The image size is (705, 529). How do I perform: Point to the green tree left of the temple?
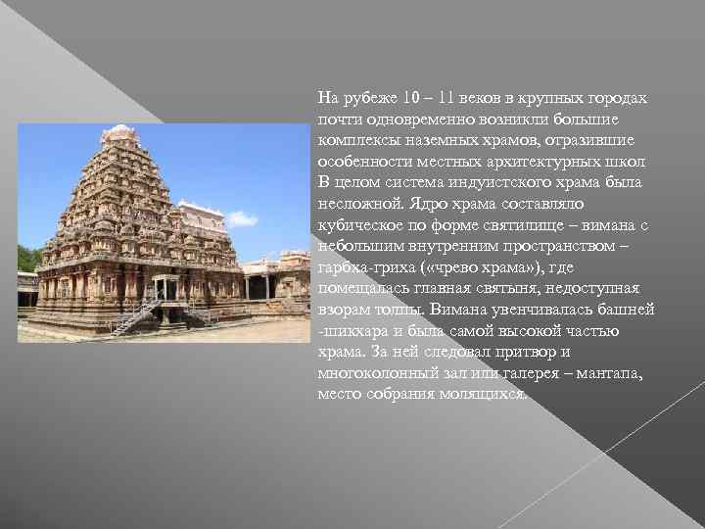tap(28, 259)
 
